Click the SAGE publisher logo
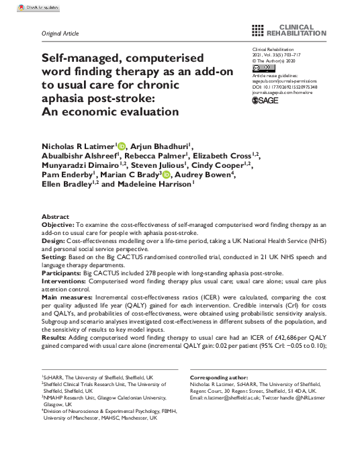pos(266,100)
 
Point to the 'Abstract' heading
pos(55,218)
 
